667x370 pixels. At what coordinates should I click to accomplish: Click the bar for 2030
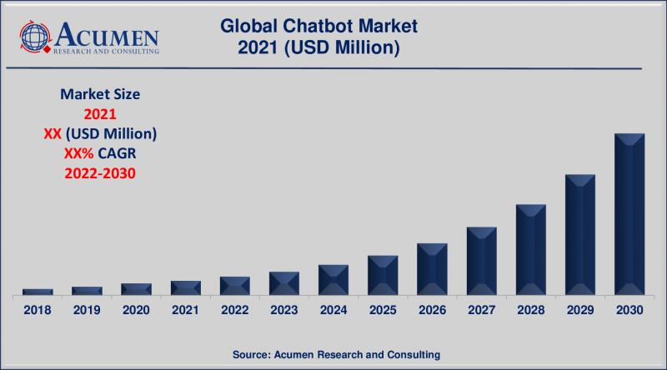[x=629, y=214]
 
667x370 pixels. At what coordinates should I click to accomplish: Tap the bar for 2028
[x=530, y=249]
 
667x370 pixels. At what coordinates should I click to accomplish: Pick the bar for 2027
[x=481, y=261]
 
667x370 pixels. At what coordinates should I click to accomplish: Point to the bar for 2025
[x=383, y=275]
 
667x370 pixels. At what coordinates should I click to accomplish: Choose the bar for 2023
[x=284, y=283]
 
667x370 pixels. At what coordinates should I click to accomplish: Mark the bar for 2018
[x=38, y=292]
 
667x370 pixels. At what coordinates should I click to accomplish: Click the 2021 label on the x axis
[x=185, y=310]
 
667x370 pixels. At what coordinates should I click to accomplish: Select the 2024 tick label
[x=333, y=310]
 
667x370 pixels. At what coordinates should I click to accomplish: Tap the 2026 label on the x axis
[x=432, y=310]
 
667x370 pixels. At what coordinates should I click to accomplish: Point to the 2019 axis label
[x=87, y=310]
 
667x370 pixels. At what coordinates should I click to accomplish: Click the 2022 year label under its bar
[x=234, y=310]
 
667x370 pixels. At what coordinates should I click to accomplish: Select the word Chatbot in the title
[x=319, y=27]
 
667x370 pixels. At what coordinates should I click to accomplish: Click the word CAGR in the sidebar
[x=118, y=153]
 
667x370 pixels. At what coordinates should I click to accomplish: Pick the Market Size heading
[x=99, y=94]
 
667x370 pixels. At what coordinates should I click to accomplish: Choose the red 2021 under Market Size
[x=99, y=114]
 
